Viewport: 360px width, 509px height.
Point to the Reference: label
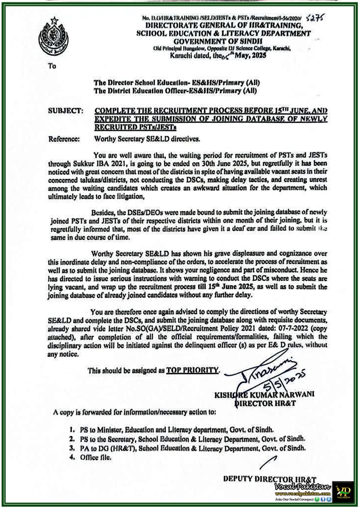point(64,139)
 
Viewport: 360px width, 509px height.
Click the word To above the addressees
point(52,66)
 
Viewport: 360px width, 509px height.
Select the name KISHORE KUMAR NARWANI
point(264,395)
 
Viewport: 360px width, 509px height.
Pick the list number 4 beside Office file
point(72,458)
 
